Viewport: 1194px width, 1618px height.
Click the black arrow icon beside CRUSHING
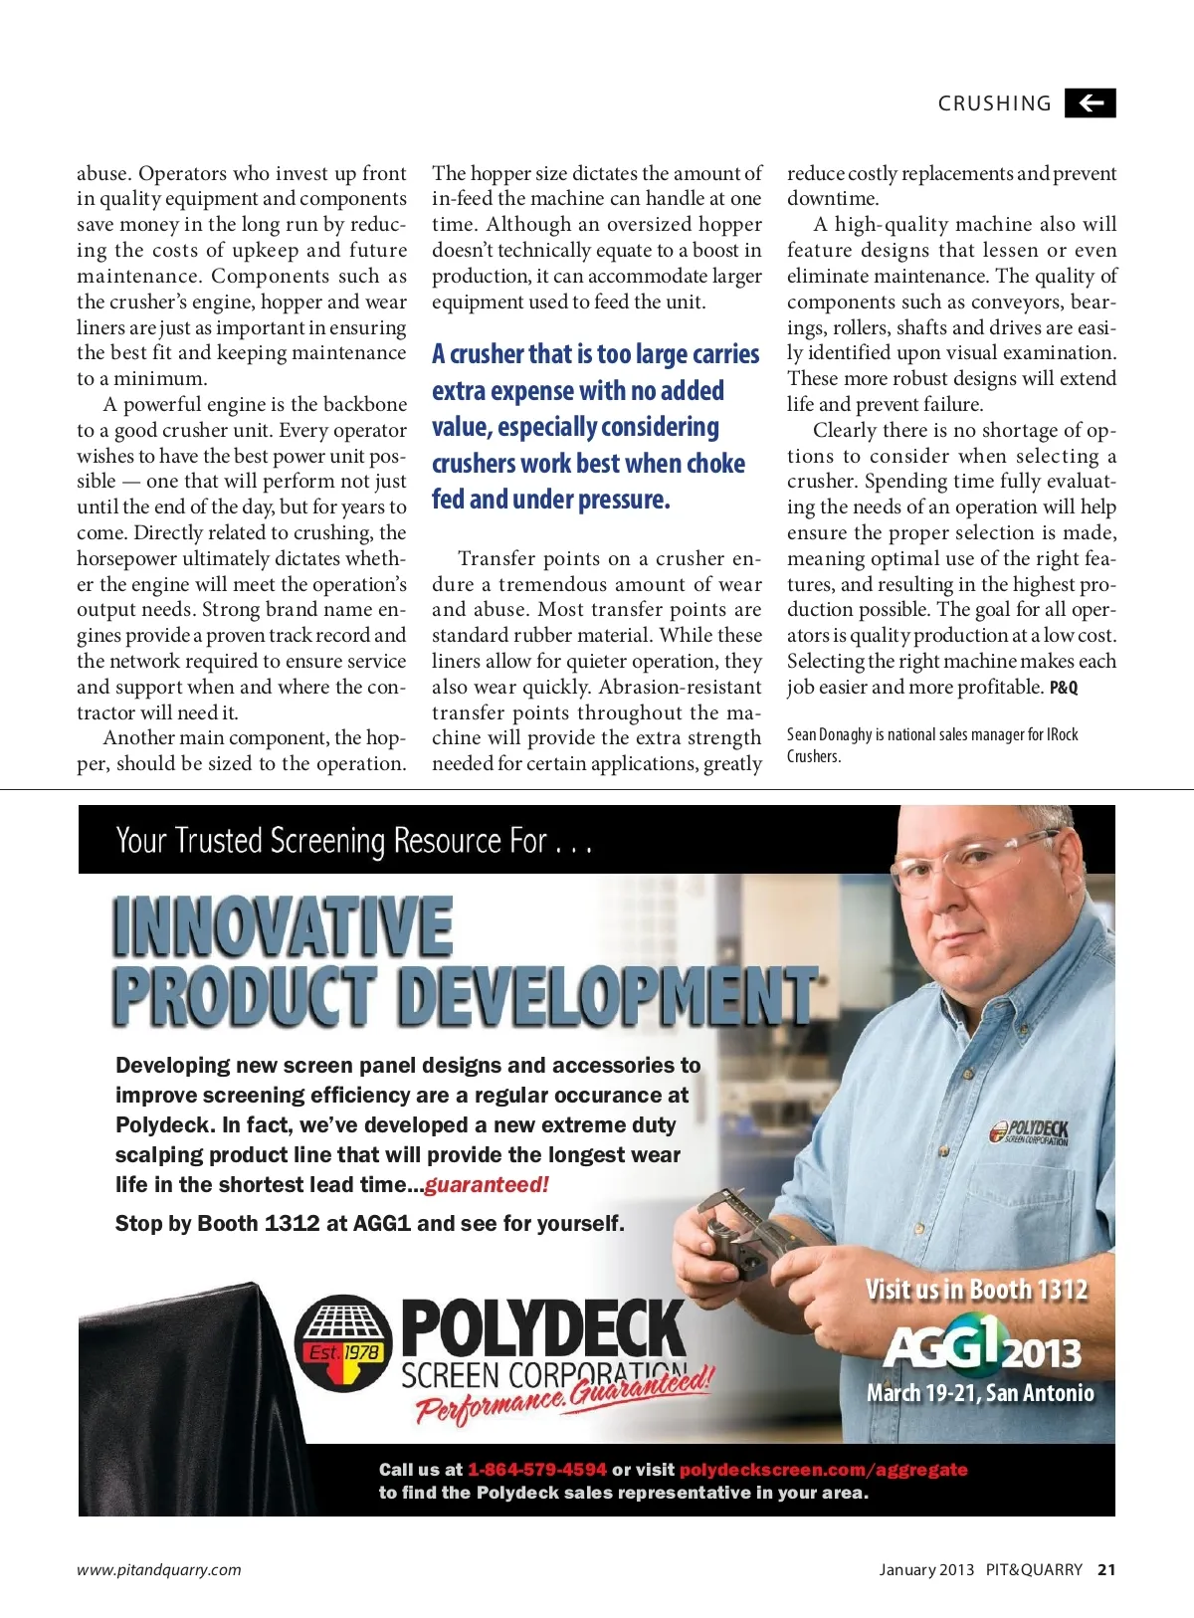coord(1090,103)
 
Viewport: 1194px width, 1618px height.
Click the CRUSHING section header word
coord(994,103)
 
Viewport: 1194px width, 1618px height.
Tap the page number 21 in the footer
coord(1106,1569)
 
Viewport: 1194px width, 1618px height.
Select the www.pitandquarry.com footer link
coord(159,1569)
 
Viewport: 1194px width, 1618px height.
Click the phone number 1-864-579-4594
coord(536,1469)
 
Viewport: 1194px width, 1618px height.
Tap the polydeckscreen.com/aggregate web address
coord(823,1469)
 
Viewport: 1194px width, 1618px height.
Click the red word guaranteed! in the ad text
coord(487,1184)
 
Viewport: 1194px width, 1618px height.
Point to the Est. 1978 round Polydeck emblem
coord(343,1343)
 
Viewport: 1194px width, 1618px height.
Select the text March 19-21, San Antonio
coord(980,1393)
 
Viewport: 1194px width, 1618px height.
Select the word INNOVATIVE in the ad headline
coord(284,926)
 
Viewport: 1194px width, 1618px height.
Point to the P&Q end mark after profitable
coord(1064,688)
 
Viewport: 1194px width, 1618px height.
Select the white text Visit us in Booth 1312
coord(976,1290)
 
